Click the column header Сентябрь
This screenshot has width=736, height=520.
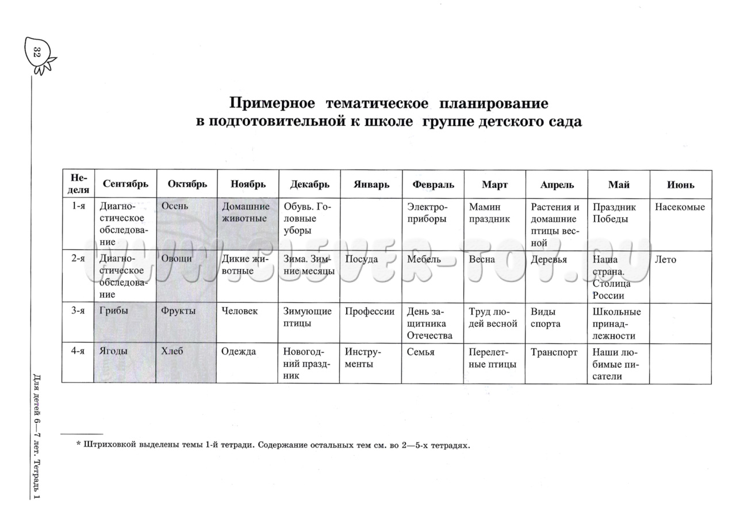click(125, 184)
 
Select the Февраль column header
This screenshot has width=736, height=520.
click(433, 184)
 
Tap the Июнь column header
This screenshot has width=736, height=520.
click(680, 184)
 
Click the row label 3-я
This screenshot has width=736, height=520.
click(78, 311)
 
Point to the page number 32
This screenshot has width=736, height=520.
click(37, 53)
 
